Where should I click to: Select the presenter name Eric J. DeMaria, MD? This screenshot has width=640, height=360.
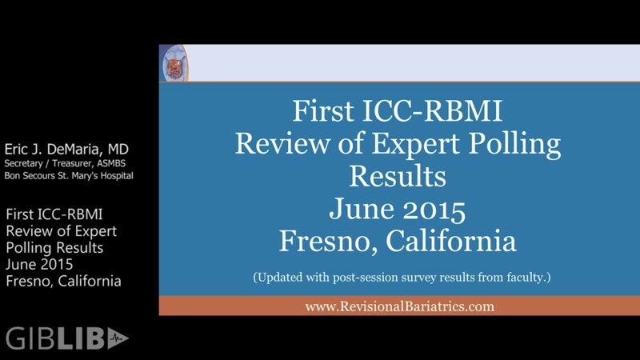point(66,150)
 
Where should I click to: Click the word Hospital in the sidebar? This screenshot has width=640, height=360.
point(114,175)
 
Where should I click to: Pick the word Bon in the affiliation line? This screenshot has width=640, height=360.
point(14,175)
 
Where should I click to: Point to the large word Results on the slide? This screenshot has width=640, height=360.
point(398,174)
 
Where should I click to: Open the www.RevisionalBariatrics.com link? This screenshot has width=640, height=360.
point(399,306)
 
